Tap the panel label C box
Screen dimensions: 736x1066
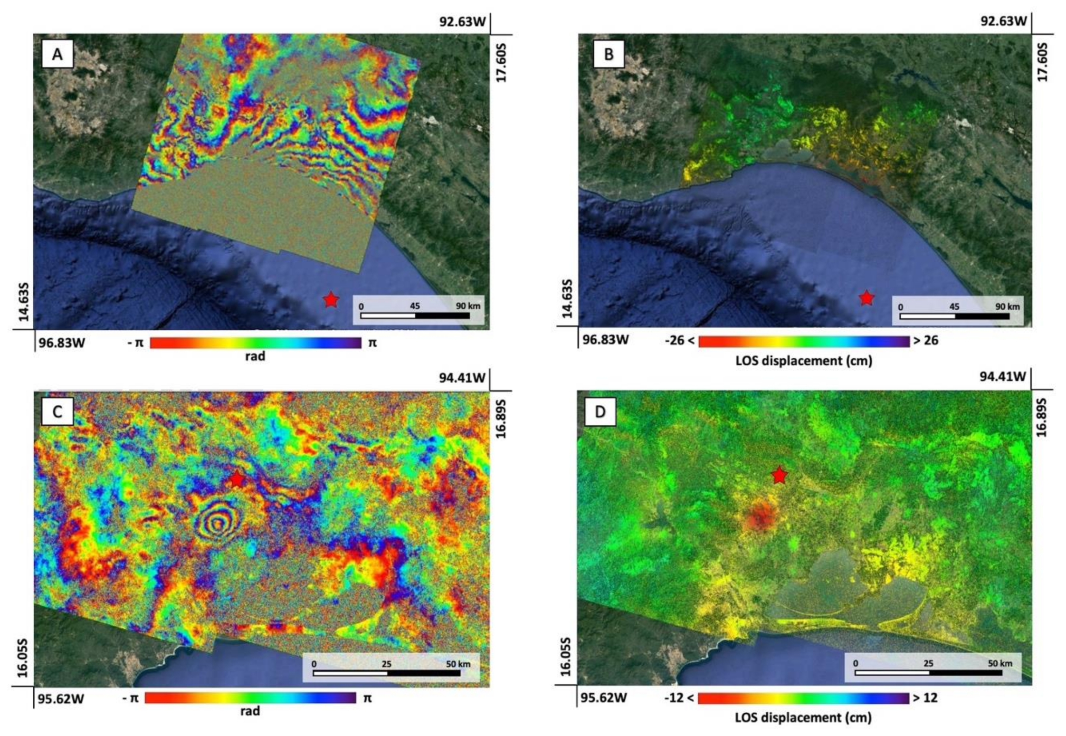pyautogui.click(x=57, y=411)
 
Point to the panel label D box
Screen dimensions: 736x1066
pyautogui.click(x=600, y=411)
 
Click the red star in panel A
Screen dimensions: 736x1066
pyautogui.click(x=331, y=300)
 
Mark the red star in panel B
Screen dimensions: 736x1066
pyautogui.click(x=867, y=298)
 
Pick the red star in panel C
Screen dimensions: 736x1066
pyautogui.click(x=237, y=479)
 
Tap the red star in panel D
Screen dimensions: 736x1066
pyautogui.click(x=780, y=475)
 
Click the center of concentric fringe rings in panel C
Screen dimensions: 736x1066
pyautogui.click(x=218, y=524)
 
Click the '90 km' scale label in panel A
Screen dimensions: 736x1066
pyautogui.click(x=468, y=306)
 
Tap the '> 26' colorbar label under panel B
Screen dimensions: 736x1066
pyautogui.click(x=926, y=341)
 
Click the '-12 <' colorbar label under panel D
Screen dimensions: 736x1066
pyautogui.click(x=679, y=698)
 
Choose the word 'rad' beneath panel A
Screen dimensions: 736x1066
pyautogui.click(x=255, y=356)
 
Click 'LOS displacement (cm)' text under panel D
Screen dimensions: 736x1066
pyautogui.click(x=803, y=717)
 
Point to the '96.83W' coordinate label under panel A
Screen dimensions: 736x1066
pyautogui.click(x=61, y=343)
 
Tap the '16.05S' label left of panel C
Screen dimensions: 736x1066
pyautogui.click(x=22, y=658)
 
